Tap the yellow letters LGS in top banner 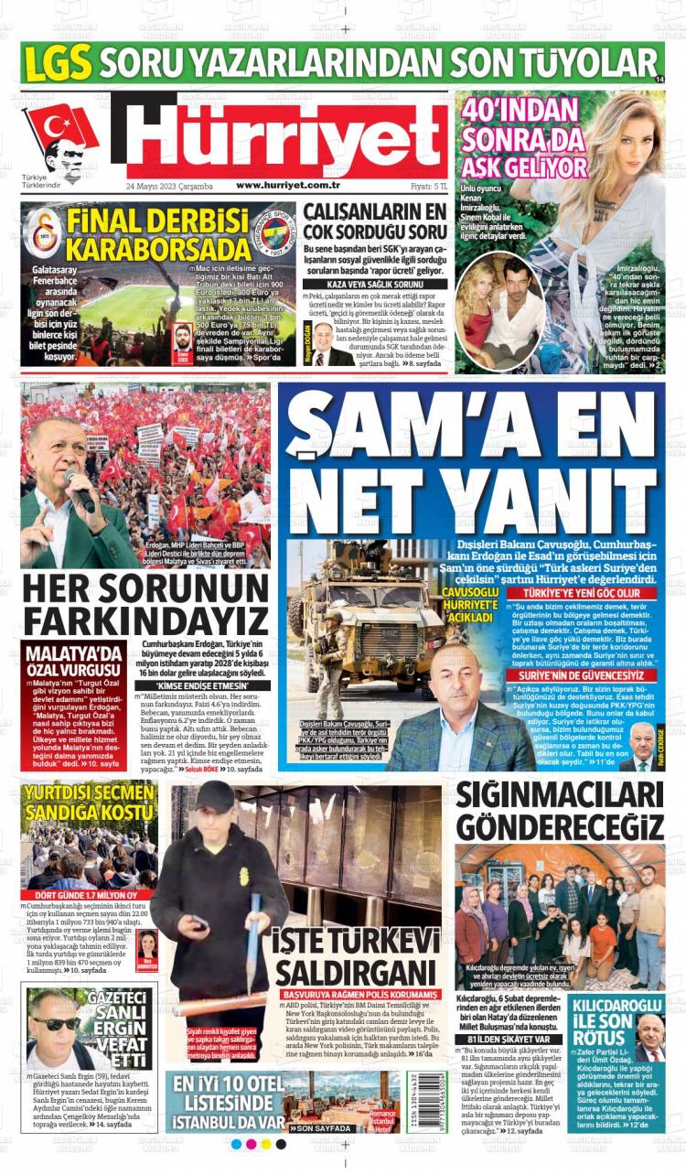click(x=59, y=64)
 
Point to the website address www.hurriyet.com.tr click(x=288, y=186)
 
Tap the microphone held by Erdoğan click(x=80, y=490)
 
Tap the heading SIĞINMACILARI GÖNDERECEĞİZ click(x=560, y=811)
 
